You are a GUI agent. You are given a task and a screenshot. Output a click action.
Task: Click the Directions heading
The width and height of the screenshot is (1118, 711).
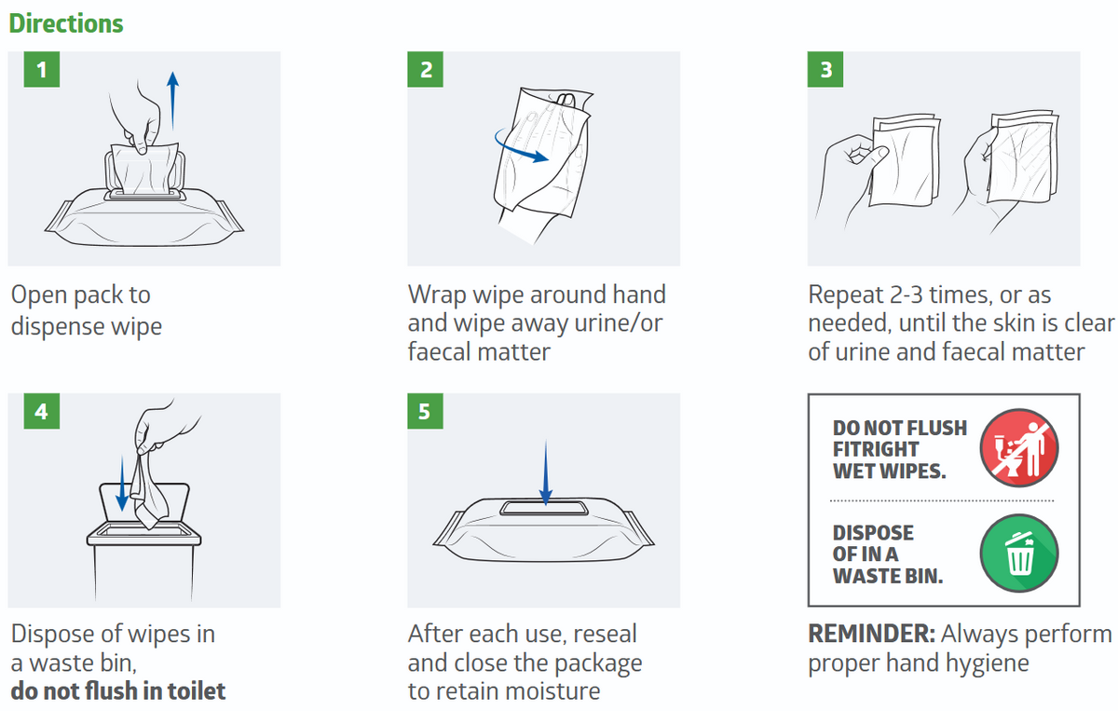pyautogui.click(x=66, y=23)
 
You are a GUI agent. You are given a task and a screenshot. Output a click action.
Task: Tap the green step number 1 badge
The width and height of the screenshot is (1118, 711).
pyautogui.click(x=42, y=69)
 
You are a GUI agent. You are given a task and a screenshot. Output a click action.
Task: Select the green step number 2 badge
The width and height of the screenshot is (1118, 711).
pyautogui.click(x=425, y=69)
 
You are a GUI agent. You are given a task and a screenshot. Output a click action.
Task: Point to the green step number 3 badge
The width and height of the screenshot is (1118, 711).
pyautogui.click(x=825, y=69)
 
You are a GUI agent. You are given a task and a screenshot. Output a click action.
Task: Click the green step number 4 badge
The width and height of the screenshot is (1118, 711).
pyautogui.click(x=42, y=411)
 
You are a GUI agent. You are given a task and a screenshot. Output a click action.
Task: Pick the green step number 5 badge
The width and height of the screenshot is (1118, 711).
pyautogui.click(x=425, y=411)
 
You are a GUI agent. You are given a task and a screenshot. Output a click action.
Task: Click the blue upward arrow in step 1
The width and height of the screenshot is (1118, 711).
pyautogui.click(x=172, y=101)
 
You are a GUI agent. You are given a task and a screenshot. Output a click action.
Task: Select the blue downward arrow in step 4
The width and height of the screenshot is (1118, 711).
pyautogui.click(x=122, y=484)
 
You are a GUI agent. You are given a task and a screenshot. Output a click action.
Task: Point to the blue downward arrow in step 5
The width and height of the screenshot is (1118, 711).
pyautogui.click(x=546, y=472)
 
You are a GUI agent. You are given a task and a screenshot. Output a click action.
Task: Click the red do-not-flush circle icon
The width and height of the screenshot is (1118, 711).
pyautogui.click(x=1019, y=447)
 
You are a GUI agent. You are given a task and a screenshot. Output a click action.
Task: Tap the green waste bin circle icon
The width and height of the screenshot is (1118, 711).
pyautogui.click(x=1019, y=554)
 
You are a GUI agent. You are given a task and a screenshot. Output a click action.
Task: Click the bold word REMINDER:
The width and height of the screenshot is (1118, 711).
pyautogui.click(x=871, y=634)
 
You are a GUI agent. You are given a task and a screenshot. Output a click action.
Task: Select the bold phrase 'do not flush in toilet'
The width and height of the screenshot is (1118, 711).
pyautogui.click(x=118, y=691)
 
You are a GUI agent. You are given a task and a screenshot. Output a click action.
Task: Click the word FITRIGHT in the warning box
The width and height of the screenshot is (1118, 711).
pyautogui.click(x=876, y=449)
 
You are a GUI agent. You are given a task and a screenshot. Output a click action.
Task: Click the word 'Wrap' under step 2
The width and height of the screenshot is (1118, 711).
pyautogui.click(x=437, y=295)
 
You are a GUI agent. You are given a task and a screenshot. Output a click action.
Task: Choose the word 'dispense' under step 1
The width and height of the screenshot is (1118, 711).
pyautogui.click(x=58, y=327)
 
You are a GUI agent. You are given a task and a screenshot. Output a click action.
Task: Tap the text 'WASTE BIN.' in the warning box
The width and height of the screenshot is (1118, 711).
pyautogui.click(x=888, y=576)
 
